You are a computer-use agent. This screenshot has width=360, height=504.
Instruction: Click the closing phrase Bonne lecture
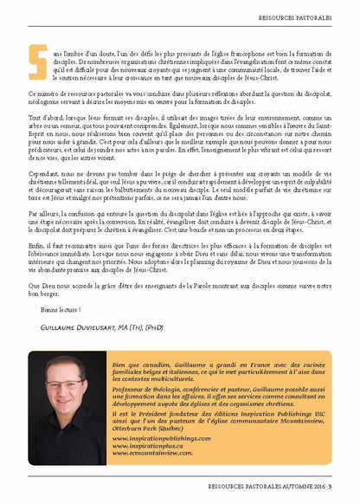click(x=61, y=308)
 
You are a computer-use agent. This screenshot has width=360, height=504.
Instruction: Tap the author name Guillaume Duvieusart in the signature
click(x=80, y=328)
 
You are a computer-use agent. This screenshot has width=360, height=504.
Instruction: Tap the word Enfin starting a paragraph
click(x=36, y=245)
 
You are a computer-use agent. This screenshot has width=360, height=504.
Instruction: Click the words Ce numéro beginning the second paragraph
click(x=42, y=92)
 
